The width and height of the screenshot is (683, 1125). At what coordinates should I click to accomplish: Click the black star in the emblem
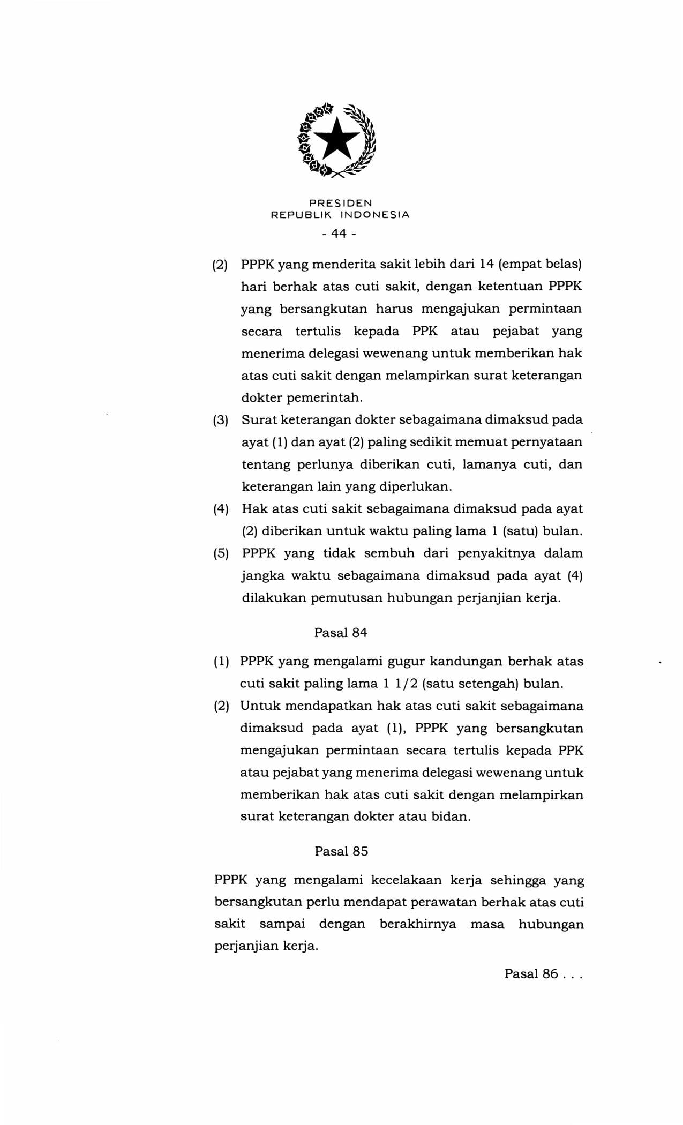click(x=337, y=139)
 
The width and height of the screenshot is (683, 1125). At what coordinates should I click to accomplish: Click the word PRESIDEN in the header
click(x=340, y=204)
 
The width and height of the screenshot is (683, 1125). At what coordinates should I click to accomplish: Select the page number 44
click(x=339, y=234)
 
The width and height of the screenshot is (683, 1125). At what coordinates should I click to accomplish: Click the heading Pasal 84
click(x=341, y=633)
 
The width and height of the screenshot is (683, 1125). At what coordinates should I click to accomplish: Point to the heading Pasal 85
click(x=341, y=851)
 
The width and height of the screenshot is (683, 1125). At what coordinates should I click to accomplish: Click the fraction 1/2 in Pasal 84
click(x=403, y=684)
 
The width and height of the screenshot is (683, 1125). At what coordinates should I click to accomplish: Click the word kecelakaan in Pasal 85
click(x=406, y=880)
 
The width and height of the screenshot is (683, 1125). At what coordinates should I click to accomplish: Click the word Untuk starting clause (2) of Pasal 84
click(x=259, y=706)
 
